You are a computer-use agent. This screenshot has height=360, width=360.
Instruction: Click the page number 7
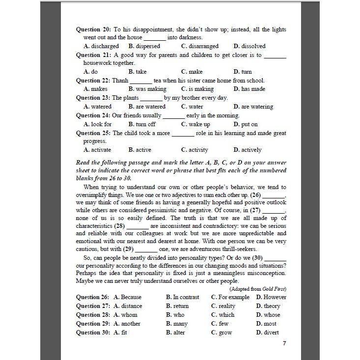(x=284, y=343)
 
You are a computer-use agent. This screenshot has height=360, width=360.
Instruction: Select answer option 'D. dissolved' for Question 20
(x=249, y=46)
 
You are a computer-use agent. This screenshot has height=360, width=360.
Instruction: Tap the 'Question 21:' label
(x=94, y=55)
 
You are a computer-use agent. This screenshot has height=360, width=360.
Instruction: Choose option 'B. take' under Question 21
(x=138, y=72)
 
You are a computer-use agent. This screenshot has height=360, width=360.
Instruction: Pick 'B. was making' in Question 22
(x=147, y=89)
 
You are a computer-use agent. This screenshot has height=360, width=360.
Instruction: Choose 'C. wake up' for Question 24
(x=195, y=124)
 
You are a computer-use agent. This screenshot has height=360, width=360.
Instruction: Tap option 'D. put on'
(x=246, y=124)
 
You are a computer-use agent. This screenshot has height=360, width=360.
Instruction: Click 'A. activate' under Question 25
(x=97, y=150)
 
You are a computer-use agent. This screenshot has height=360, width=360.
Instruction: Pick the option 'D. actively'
(x=248, y=150)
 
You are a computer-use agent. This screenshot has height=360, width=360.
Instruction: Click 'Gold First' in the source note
(x=275, y=289)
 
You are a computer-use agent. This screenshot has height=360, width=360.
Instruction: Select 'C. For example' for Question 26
(x=230, y=297)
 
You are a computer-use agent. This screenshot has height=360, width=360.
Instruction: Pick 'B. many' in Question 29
(x=177, y=324)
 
